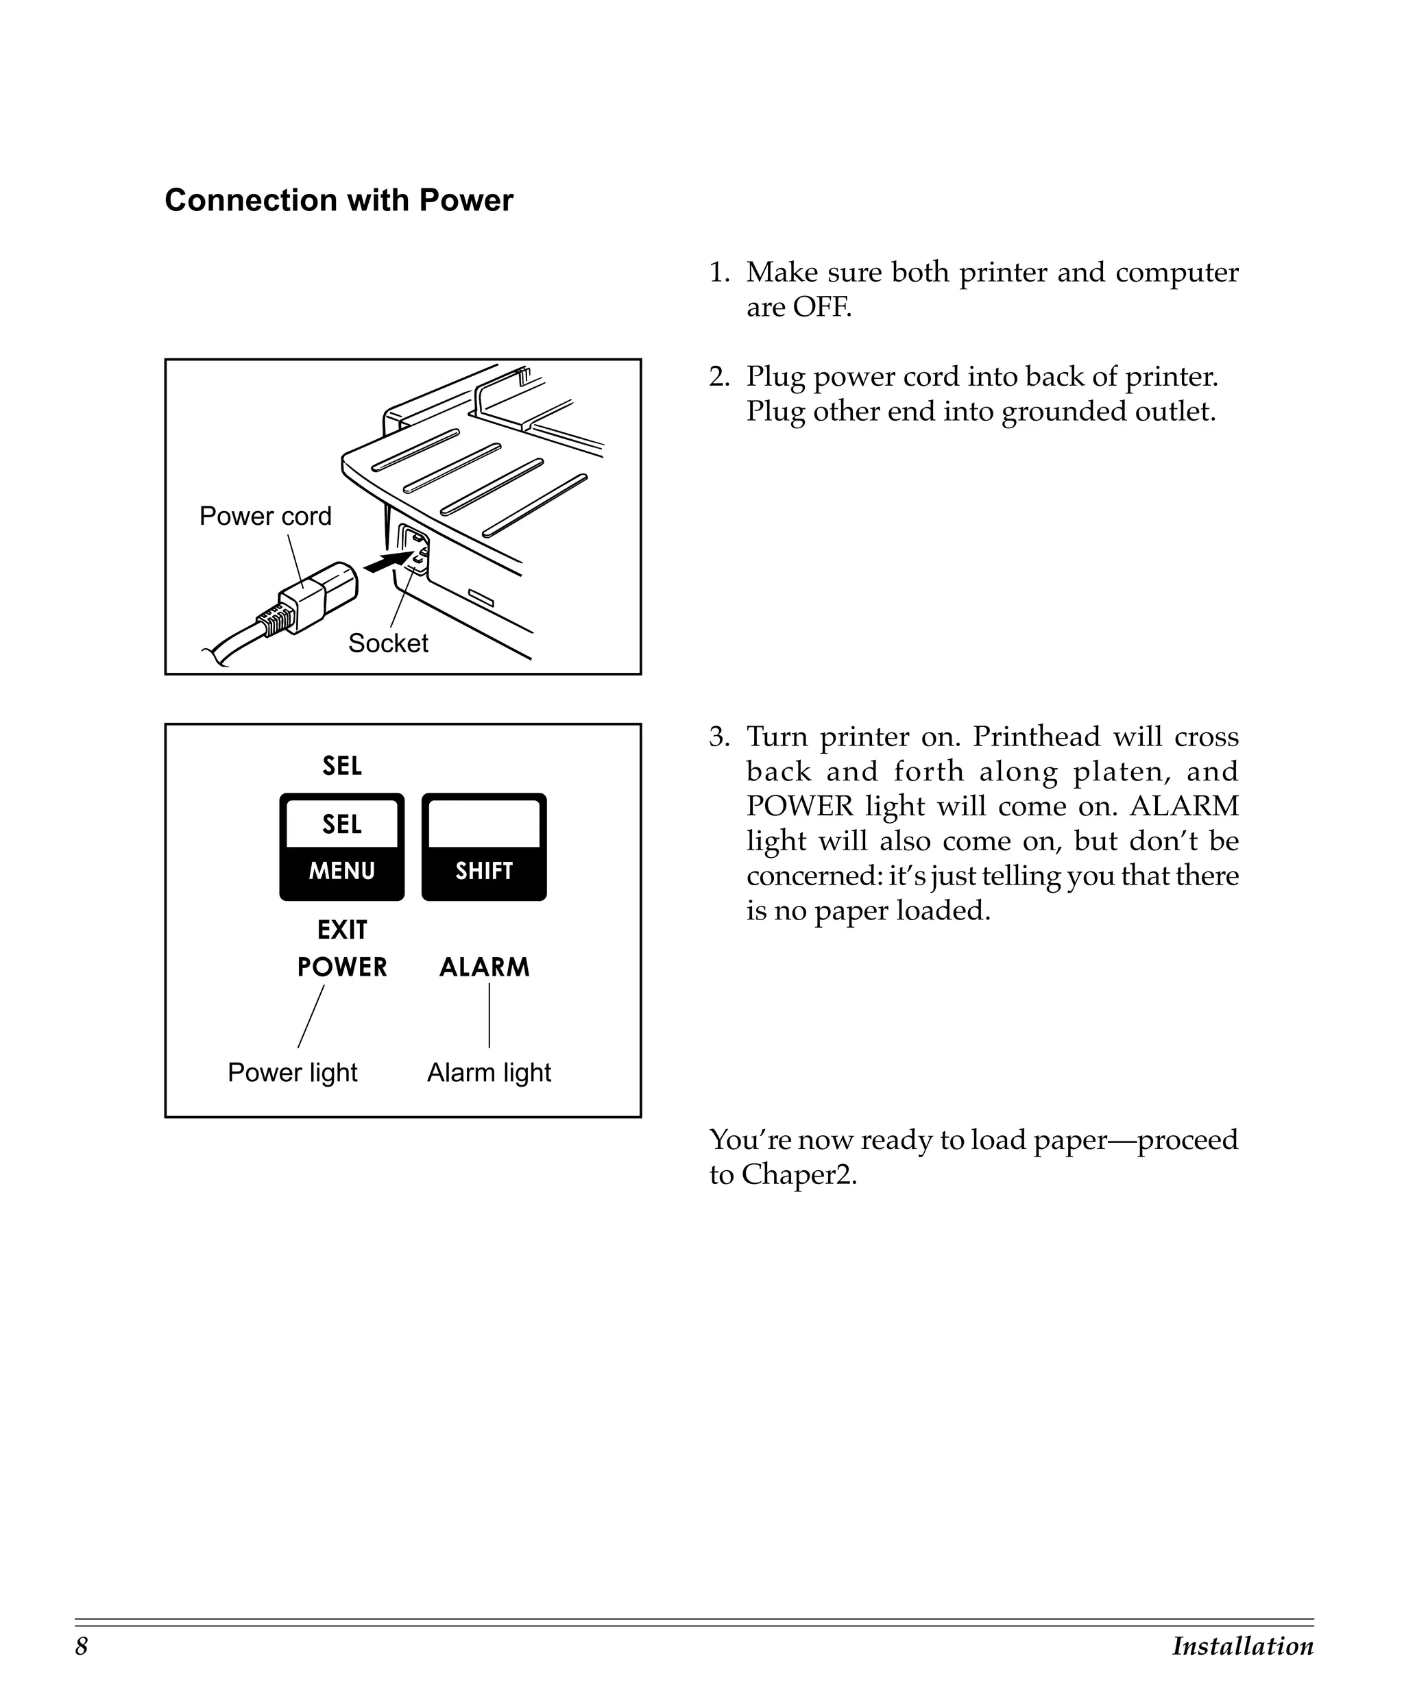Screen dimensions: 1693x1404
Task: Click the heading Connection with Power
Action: tap(339, 200)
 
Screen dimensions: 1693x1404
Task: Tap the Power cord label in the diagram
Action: tap(265, 516)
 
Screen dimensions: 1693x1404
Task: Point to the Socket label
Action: tap(388, 643)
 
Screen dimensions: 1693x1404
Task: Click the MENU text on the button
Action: tap(342, 871)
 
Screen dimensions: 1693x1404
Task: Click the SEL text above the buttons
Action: tap(342, 766)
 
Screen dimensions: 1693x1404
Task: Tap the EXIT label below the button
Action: tap(342, 930)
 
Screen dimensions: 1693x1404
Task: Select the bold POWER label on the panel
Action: tap(342, 967)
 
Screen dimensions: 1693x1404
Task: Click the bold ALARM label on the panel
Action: tap(484, 967)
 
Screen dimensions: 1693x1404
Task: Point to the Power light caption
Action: tap(292, 1072)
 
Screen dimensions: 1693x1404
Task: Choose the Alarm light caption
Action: tap(489, 1072)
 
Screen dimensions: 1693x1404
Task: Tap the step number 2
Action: tap(718, 377)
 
